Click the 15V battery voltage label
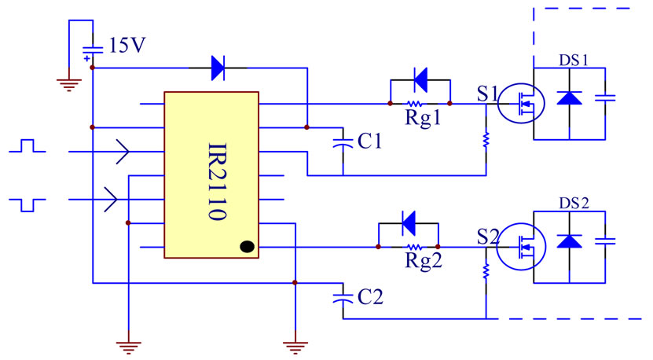(127, 45)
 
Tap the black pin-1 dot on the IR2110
(246, 247)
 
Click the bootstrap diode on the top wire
(218, 68)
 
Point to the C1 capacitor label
(369, 141)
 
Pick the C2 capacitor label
(369, 297)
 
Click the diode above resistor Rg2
(408, 222)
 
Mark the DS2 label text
(574, 203)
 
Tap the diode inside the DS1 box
(569, 97)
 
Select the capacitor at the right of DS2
(605, 240)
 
